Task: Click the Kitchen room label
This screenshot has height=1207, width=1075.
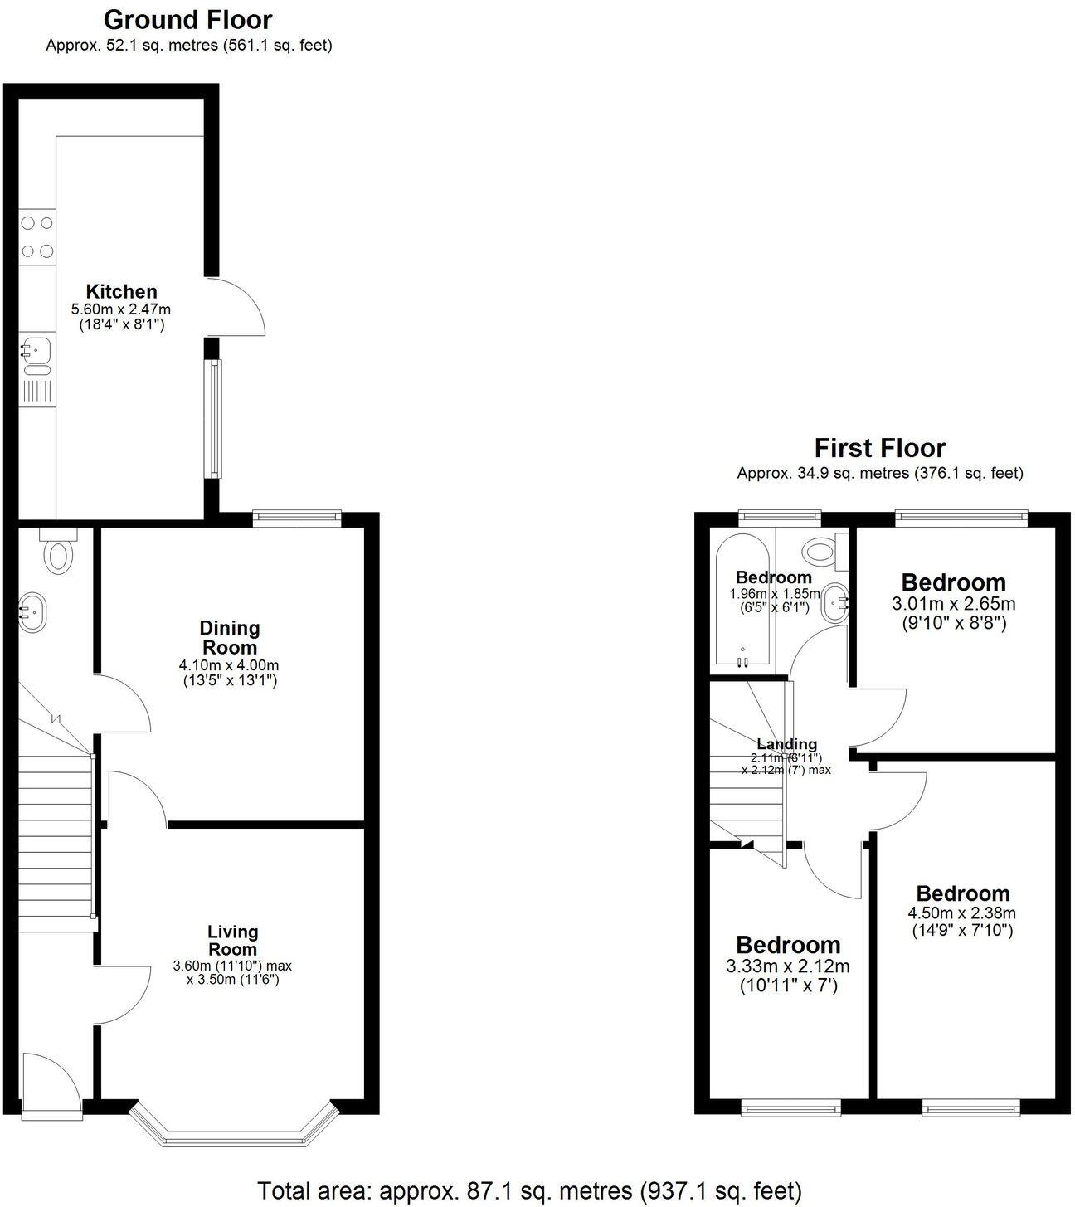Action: tap(122, 291)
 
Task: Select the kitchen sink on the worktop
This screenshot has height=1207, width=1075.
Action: tap(36, 352)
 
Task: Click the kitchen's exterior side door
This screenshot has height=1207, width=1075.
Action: tap(236, 307)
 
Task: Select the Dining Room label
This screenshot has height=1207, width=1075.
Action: tap(230, 637)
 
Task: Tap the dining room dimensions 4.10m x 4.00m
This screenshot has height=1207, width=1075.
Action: tap(230, 665)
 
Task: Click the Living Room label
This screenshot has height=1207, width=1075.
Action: tap(232, 941)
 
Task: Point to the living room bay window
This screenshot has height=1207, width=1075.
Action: tap(233, 1134)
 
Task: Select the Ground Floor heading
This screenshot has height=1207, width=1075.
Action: tap(187, 19)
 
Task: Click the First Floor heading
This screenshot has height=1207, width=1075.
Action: tap(879, 448)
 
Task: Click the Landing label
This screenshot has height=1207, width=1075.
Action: tap(786, 744)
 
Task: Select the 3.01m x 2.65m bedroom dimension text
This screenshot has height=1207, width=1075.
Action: tap(953, 603)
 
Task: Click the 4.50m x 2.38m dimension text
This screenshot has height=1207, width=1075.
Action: tap(962, 913)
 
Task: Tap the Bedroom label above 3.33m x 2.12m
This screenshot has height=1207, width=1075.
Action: tap(788, 945)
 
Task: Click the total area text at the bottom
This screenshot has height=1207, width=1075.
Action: tap(529, 1190)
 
